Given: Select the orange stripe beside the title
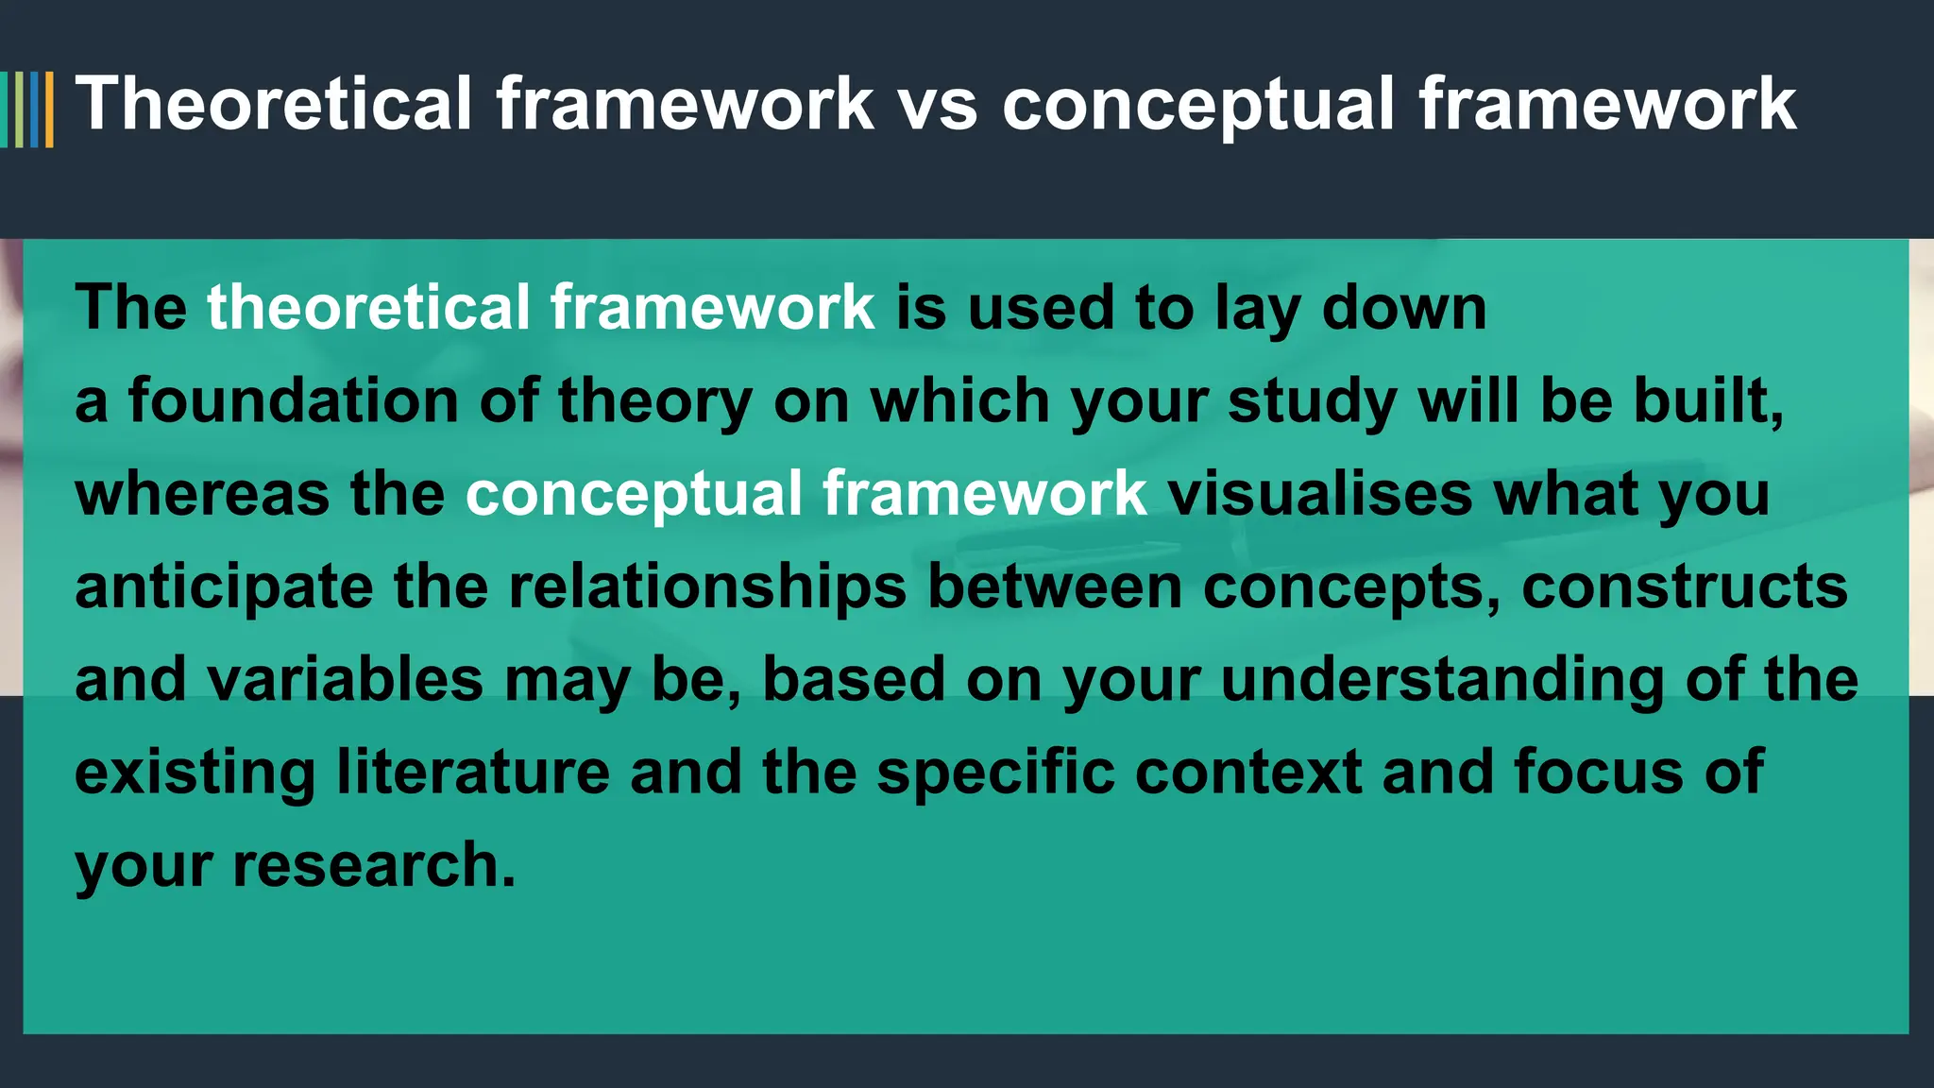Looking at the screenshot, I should [49, 110].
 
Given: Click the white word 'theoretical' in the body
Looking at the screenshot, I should [368, 308].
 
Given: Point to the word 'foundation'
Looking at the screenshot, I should [293, 400].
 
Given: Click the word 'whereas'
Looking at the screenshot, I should [201, 494].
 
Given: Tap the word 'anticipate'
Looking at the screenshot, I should [224, 586].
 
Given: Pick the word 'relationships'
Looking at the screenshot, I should [707, 586].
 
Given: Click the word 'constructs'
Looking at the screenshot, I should [1684, 586].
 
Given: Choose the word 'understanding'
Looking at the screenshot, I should [1442, 679].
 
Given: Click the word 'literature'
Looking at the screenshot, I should [473, 772].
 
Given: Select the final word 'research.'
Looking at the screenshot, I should [374, 865].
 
